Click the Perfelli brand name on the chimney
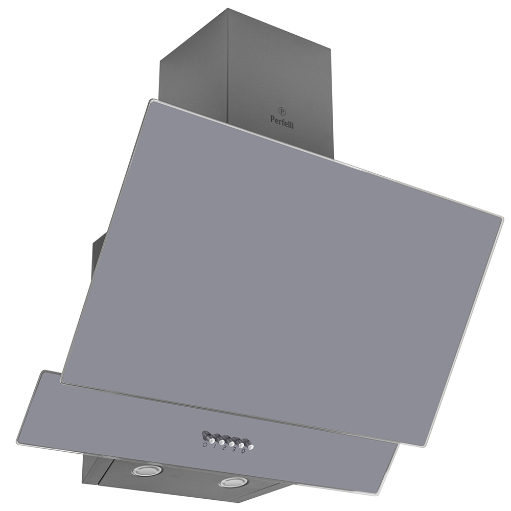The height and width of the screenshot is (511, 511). (x=282, y=122)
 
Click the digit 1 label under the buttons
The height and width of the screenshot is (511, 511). (x=215, y=447)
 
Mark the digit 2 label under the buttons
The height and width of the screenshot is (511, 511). (x=224, y=449)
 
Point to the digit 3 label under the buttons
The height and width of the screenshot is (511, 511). (x=234, y=451)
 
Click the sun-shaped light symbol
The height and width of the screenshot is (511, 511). (x=243, y=453)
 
